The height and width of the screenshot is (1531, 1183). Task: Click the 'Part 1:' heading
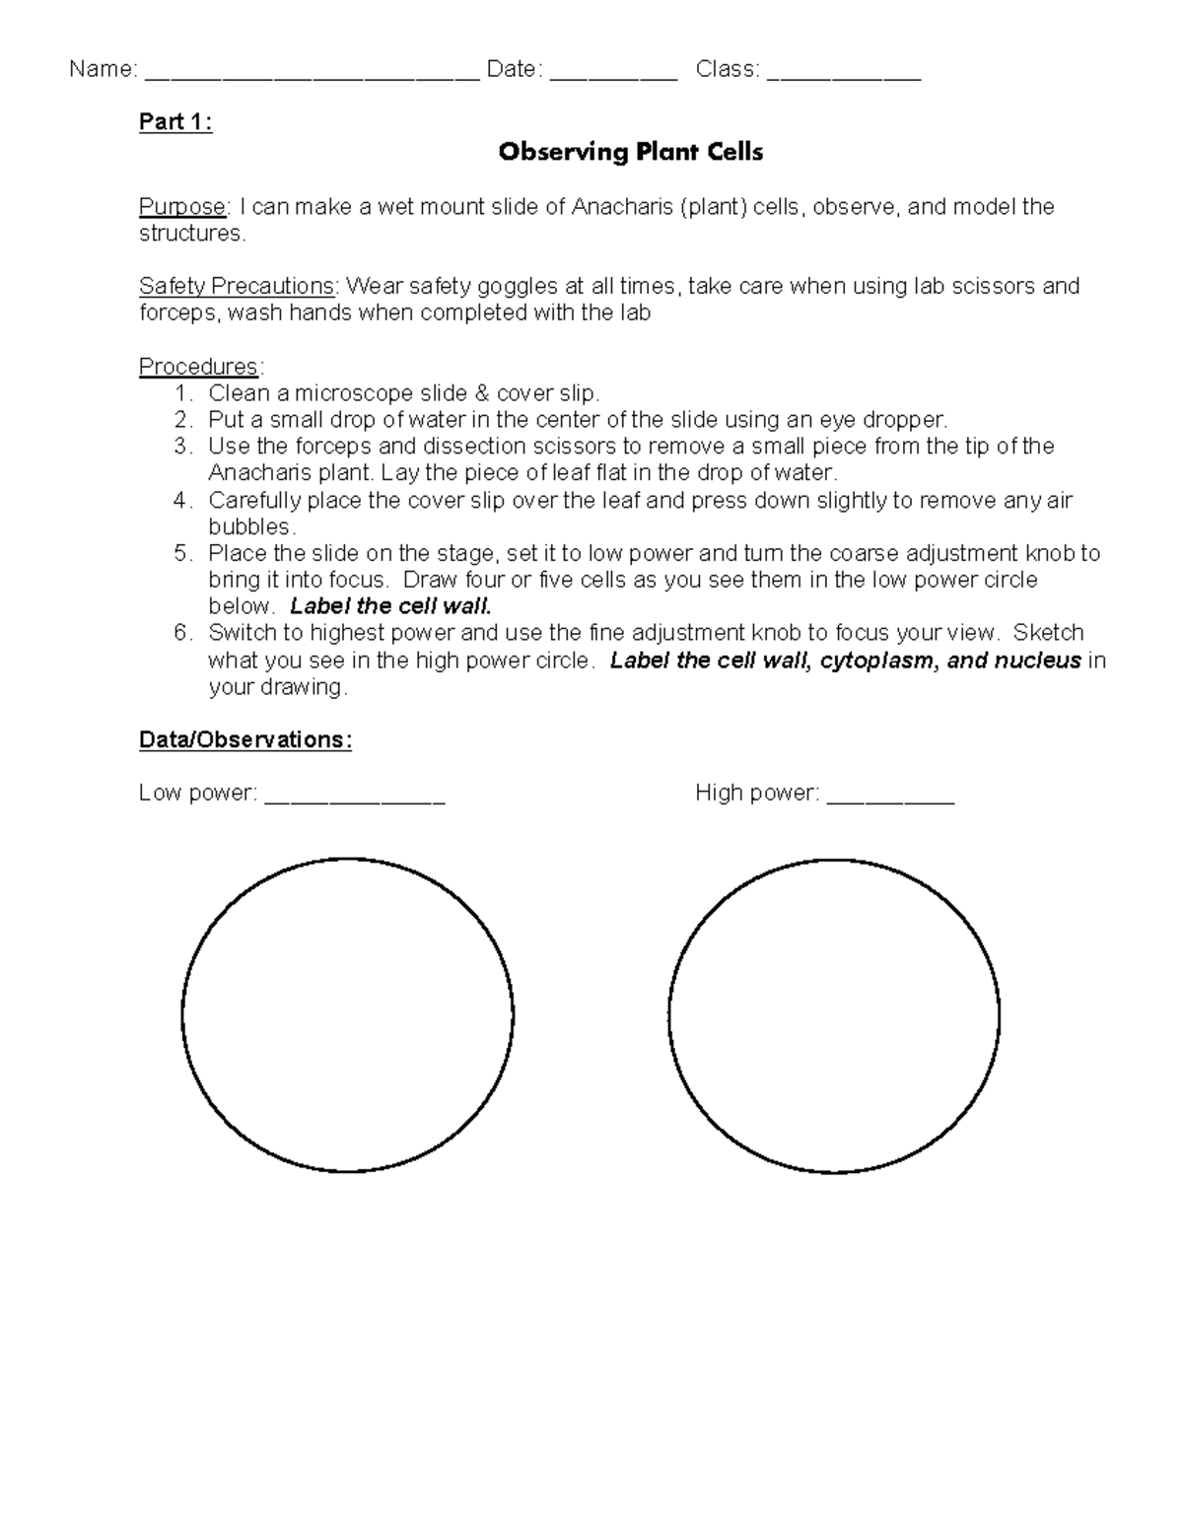(175, 122)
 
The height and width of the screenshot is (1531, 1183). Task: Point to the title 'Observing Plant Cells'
(630, 152)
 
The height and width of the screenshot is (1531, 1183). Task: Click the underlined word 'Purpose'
(182, 207)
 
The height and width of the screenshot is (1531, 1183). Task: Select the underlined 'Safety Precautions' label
(237, 286)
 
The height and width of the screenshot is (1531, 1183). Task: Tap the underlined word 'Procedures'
(199, 367)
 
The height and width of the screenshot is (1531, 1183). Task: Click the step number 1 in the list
(181, 393)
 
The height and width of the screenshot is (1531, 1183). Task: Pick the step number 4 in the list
(181, 501)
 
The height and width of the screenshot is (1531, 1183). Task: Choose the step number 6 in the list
(181, 633)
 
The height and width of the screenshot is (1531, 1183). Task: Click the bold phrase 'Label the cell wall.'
(390, 606)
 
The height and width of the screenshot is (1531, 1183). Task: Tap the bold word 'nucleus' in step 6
(1037, 661)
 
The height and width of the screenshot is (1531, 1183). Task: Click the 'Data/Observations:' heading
(245, 740)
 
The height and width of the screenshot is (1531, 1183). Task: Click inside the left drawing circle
(348, 1014)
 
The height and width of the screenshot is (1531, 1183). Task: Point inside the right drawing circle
(834, 1014)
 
